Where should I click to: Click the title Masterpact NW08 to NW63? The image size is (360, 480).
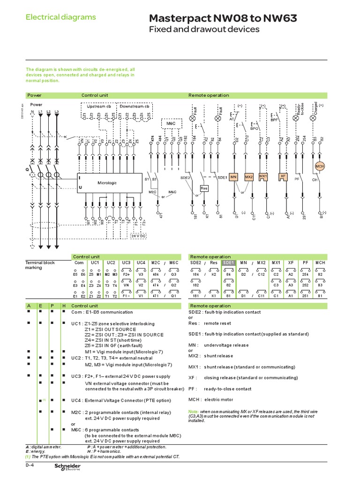tap(222, 18)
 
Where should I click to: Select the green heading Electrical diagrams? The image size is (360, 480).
tap(60, 17)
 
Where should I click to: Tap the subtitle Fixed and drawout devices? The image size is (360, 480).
tap(204, 30)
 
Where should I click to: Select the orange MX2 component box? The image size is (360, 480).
tap(249, 177)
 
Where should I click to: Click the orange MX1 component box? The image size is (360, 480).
tap(263, 176)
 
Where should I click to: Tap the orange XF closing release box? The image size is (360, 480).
tap(283, 176)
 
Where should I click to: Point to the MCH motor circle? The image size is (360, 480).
tap(320, 166)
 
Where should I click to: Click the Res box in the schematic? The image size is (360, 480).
tap(204, 188)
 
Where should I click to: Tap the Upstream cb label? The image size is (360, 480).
tap(96, 106)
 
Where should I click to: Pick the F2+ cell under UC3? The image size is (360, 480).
tap(127, 274)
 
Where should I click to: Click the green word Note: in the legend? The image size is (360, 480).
tap(193, 411)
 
